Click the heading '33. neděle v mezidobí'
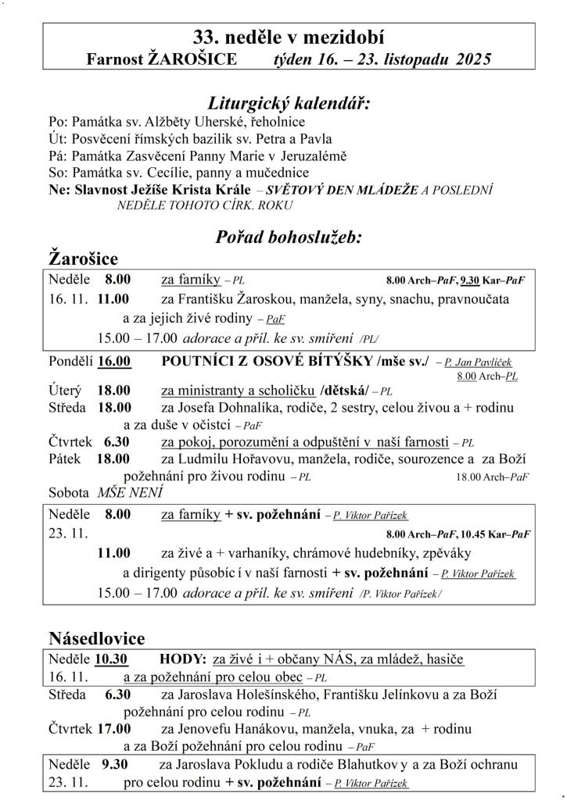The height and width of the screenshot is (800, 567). [x=289, y=37]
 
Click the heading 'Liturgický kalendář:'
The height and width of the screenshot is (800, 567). [x=289, y=104]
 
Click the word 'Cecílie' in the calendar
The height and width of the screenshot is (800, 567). [x=185, y=173]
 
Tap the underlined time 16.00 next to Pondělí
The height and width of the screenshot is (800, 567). [x=114, y=361]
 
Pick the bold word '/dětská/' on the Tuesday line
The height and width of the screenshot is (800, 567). [x=343, y=391]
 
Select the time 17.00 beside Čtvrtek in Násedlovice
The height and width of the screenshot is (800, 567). [x=114, y=729]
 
